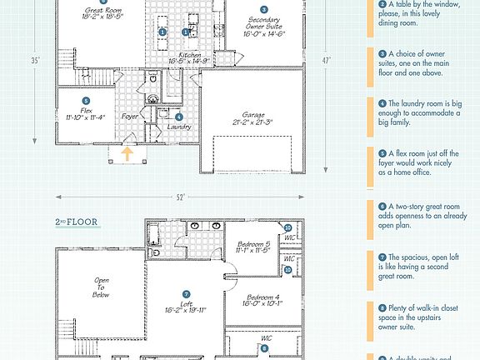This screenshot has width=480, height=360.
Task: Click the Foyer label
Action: (130, 117)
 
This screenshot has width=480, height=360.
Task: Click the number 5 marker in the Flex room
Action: (86, 100)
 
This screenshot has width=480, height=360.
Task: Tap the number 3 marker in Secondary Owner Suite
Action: (252, 11)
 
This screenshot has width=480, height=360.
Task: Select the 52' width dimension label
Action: (181, 197)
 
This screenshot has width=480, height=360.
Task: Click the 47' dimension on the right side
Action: (328, 61)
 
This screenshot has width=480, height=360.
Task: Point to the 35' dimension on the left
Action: (36, 61)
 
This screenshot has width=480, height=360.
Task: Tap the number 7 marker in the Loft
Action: (187, 294)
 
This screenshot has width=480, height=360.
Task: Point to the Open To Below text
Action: (102, 287)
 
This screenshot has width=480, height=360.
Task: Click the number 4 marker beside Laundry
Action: (179, 117)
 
